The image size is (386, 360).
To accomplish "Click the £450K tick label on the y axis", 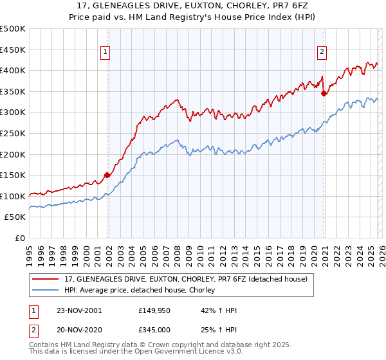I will pyautogui.click(x=13, y=50).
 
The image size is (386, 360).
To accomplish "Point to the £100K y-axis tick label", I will pyautogui.click(x=13, y=196).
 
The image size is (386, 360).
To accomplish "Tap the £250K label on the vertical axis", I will pyautogui.click(x=13, y=133).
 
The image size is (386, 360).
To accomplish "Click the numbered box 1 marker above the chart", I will pyautogui.click(x=105, y=53).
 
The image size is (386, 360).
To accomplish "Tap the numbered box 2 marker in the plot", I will pyautogui.click(x=322, y=53).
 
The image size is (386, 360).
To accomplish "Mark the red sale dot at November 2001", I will pyautogui.click(x=107, y=175).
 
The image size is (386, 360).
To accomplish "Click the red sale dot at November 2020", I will pyautogui.click(x=324, y=93).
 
